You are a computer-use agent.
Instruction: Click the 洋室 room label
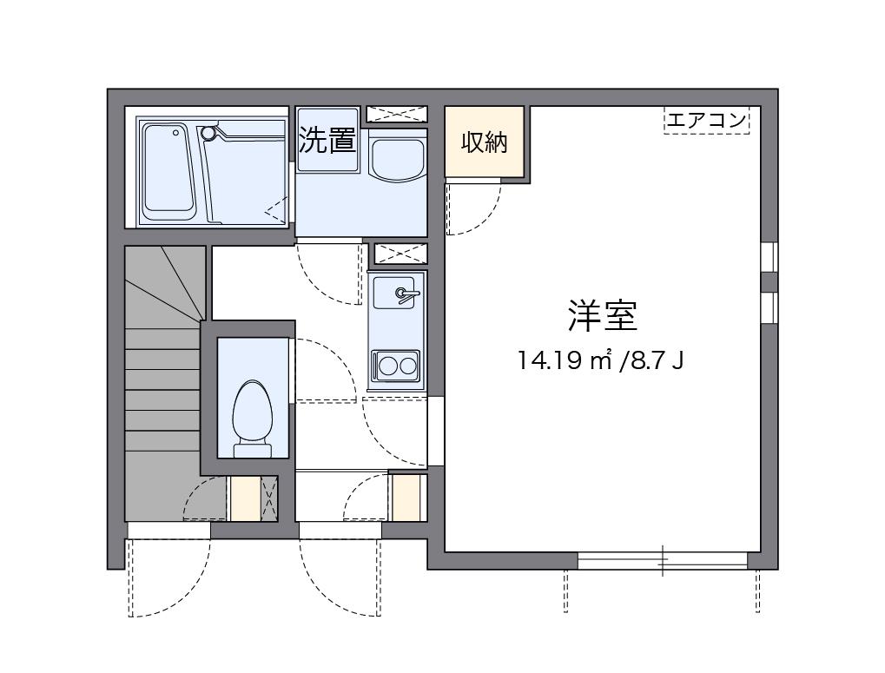pos(603,316)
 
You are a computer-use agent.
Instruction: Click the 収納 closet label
pos(484,142)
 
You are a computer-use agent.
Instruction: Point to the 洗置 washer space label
pos(327,141)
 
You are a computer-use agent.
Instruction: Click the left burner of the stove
pos(386,366)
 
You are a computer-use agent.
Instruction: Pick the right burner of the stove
pos(406,366)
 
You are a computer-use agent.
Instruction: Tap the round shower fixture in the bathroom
pos(208,133)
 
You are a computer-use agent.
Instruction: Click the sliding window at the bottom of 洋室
pos(663,561)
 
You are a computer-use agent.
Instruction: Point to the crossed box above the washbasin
pos(396,114)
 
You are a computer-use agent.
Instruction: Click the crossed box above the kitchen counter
pos(400,254)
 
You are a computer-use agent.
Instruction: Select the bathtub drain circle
pos(175,133)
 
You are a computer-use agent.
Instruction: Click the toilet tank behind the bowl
pos(253,448)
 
